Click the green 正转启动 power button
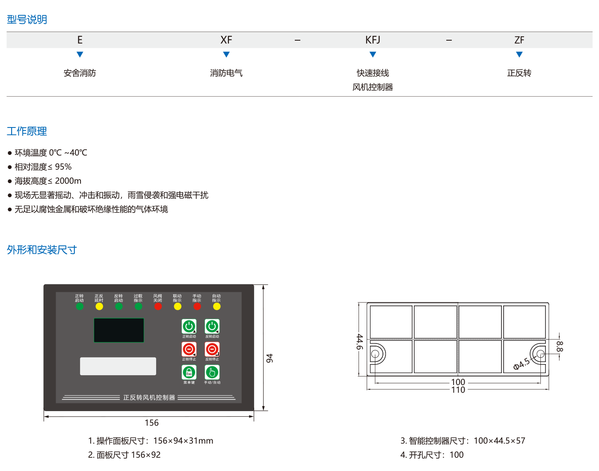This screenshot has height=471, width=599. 189,326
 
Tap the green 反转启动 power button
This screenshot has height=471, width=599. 212,326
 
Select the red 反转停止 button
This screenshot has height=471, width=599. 212,350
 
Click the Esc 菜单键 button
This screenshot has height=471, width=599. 189,372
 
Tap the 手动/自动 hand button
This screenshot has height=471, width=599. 212,372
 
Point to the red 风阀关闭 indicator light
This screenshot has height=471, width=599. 158,306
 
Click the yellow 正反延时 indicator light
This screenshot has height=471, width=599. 99,306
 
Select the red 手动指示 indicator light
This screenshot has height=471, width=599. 197,306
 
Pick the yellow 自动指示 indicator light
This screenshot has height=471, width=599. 216,306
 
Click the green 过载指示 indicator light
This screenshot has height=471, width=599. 138,306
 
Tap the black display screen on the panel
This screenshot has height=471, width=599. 119,330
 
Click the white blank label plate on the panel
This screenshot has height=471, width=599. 118,366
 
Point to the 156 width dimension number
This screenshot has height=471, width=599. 151,423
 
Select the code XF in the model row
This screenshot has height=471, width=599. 226,40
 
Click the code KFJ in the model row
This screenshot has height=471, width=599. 373,40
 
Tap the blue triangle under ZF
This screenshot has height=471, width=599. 519,54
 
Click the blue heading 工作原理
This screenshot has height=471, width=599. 27,131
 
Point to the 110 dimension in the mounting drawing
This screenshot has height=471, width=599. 458,390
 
